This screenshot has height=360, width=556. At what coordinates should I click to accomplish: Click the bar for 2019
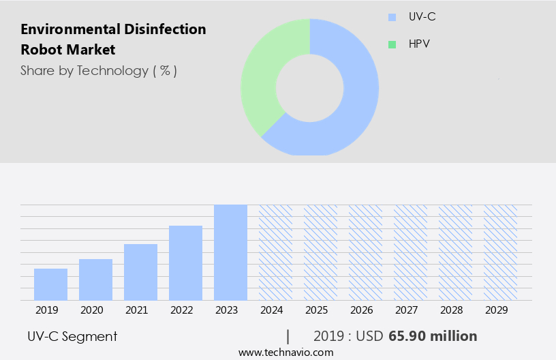point(50,284)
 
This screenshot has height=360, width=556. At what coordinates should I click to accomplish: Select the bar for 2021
point(140,272)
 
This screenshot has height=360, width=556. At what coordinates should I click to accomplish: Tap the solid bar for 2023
point(230,252)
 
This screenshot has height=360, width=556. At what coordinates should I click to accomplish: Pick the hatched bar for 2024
point(275,252)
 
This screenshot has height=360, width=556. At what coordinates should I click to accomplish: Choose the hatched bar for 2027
point(410,252)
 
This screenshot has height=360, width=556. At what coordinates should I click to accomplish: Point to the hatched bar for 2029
point(500,252)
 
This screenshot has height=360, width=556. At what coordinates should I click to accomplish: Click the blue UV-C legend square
point(391,17)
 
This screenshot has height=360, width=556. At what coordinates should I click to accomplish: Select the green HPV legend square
point(391,44)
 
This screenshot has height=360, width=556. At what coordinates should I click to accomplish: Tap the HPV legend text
point(419,44)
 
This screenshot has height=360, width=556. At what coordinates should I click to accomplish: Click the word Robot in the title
point(41,50)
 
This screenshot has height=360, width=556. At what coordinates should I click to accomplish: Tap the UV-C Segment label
point(72,336)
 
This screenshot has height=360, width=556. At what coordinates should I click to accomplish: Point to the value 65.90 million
point(433,336)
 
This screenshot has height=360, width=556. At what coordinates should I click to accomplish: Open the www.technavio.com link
point(286,352)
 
